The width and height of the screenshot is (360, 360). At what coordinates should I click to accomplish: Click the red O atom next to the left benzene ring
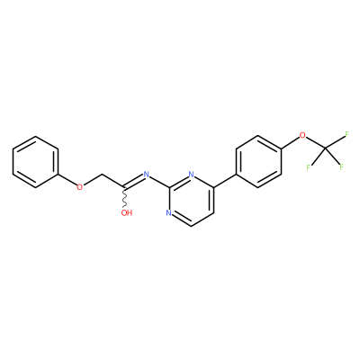click(x=79, y=187)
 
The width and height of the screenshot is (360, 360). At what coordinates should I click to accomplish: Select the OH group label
click(x=127, y=213)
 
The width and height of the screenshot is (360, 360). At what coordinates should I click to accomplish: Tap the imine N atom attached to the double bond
click(x=147, y=175)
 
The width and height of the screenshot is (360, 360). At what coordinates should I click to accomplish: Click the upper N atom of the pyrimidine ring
click(x=191, y=175)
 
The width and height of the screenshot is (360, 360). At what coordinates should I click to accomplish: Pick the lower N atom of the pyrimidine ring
click(x=168, y=213)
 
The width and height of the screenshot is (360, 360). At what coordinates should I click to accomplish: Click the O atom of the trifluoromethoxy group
click(x=302, y=136)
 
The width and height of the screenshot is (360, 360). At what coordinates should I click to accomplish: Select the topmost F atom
click(x=347, y=134)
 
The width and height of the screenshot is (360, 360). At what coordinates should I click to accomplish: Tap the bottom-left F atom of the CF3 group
click(x=309, y=167)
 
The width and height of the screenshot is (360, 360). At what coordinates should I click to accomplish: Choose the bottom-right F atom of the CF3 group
click(x=341, y=167)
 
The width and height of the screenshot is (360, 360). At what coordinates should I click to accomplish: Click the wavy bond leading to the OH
click(x=124, y=199)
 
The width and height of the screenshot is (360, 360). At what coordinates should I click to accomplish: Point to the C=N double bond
click(x=133, y=182)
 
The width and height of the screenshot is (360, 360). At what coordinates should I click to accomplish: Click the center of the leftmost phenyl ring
click(x=35, y=162)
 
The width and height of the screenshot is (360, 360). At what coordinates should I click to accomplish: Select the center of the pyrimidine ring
click(x=191, y=201)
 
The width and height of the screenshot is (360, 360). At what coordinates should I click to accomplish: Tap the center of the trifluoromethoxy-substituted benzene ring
click(x=258, y=162)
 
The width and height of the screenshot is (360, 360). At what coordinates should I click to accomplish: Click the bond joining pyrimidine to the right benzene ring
click(x=225, y=181)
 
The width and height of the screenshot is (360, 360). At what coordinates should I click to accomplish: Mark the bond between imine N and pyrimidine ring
click(x=159, y=182)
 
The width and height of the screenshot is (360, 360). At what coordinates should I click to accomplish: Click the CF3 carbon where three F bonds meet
click(x=325, y=148)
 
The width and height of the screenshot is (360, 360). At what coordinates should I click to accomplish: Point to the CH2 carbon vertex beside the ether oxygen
click(x=102, y=175)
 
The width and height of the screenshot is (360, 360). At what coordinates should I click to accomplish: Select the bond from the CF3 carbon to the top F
click(x=335, y=142)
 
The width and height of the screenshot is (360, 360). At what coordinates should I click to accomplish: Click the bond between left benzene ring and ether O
click(x=67, y=180)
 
